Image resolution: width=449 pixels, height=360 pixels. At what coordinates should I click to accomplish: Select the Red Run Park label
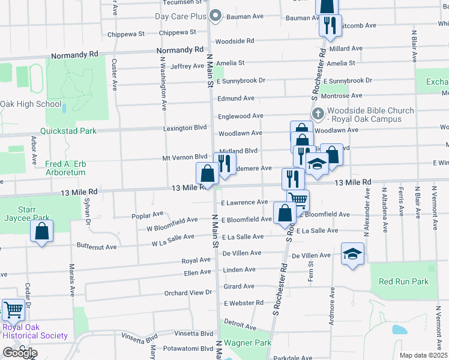[403, 281]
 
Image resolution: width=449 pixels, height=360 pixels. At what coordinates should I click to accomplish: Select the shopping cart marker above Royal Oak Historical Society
[13, 310]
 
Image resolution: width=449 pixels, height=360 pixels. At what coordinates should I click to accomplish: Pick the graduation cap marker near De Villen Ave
[353, 254]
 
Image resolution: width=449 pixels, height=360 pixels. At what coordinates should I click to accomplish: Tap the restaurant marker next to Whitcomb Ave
[329, 26]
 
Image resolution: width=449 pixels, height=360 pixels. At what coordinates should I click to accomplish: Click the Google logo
[19, 353]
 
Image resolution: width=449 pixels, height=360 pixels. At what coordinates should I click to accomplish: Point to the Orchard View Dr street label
[188, 293]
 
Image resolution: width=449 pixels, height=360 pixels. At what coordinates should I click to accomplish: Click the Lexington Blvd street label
[185, 128]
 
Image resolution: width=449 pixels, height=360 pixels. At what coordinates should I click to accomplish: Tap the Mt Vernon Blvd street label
[185, 158]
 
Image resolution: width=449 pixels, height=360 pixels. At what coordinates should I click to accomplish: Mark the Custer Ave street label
[114, 74]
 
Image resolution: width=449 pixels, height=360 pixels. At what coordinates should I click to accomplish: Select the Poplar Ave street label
[148, 214]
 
